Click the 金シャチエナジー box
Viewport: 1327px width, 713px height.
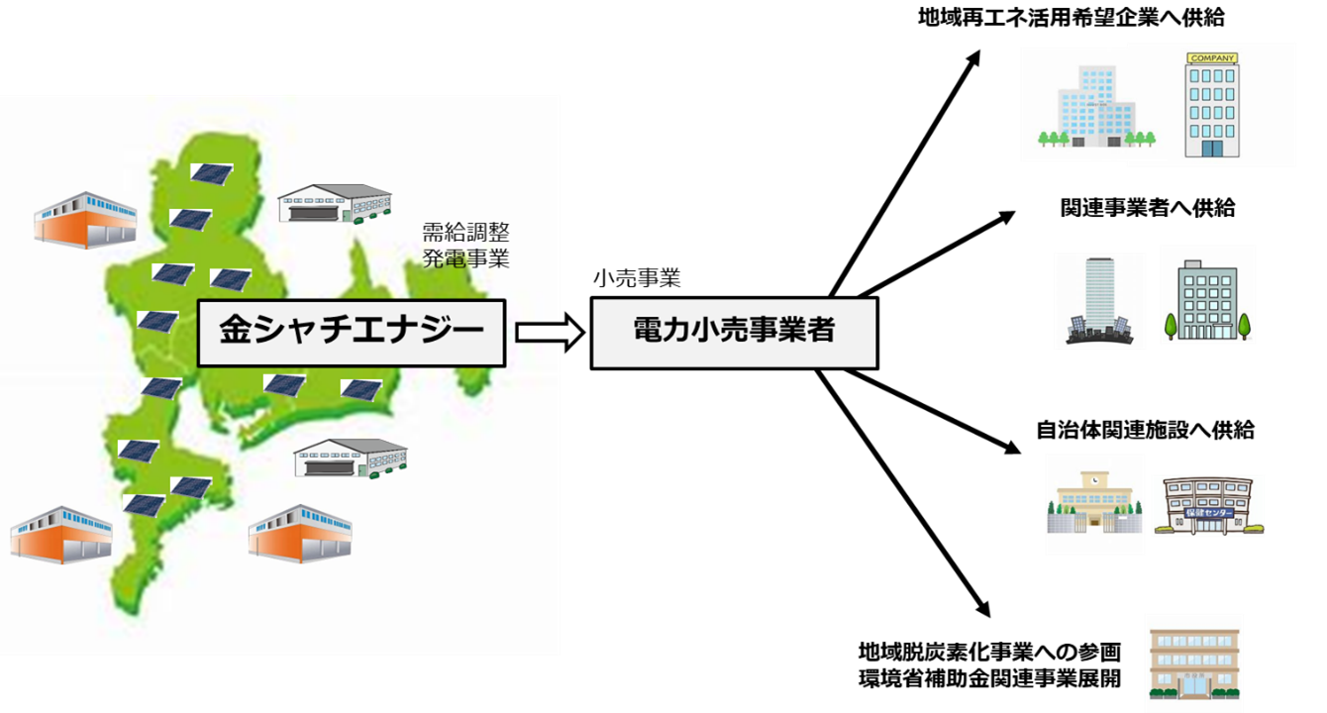tap(351, 333)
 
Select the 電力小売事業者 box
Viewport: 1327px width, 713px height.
tap(734, 333)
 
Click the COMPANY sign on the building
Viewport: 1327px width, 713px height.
tap(1211, 58)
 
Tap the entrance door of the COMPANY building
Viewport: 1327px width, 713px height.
tap(1211, 148)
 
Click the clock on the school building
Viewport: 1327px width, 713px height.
tap(1094, 478)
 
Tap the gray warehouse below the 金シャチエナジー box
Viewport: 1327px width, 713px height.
tap(351, 458)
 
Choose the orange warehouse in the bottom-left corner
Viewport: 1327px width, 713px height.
tap(60, 534)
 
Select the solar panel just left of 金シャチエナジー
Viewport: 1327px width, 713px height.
tap(156, 321)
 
